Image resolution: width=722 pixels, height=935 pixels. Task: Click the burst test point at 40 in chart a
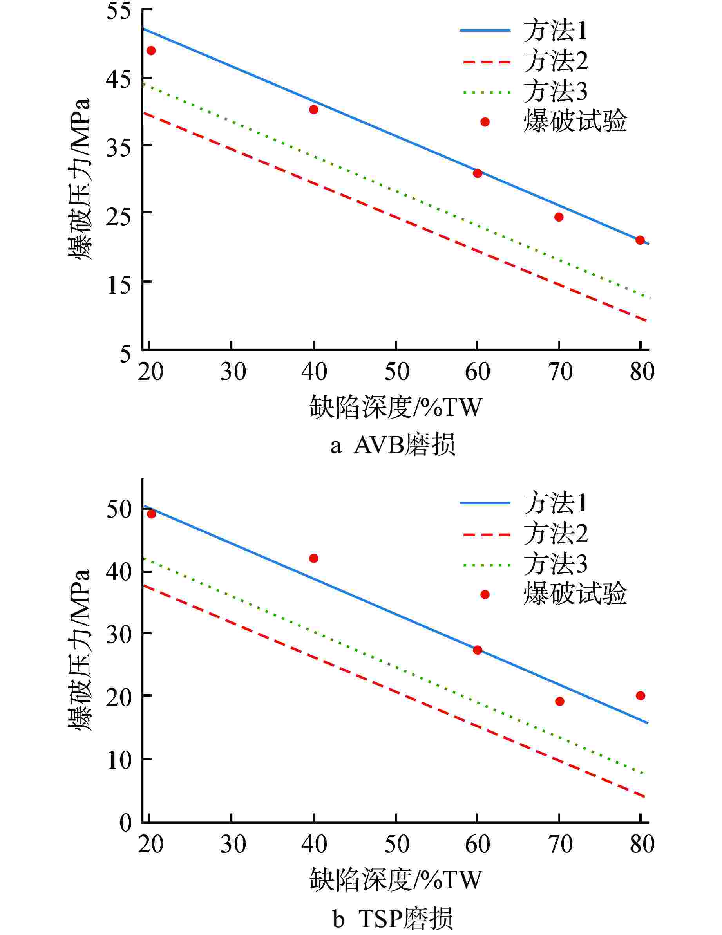click(313, 110)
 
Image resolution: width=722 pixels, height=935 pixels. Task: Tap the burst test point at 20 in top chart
click(151, 51)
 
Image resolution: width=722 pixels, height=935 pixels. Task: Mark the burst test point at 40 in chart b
click(313, 558)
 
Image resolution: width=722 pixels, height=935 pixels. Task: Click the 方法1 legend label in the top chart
click(556, 31)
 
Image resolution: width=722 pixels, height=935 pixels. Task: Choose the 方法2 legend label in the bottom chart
click(556, 533)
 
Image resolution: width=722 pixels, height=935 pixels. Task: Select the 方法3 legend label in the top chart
click(556, 92)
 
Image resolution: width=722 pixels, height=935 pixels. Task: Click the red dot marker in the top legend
click(485, 122)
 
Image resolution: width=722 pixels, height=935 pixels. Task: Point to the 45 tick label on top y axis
click(119, 78)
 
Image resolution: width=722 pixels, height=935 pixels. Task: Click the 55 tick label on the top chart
click(119, 10)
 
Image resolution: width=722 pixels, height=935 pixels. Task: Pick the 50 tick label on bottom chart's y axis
click(119, 510)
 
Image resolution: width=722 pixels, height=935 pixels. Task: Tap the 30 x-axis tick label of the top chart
click(233, 372)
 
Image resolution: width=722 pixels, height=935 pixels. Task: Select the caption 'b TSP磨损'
click(393, 918)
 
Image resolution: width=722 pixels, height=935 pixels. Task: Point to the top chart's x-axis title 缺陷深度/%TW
click(396, 407)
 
